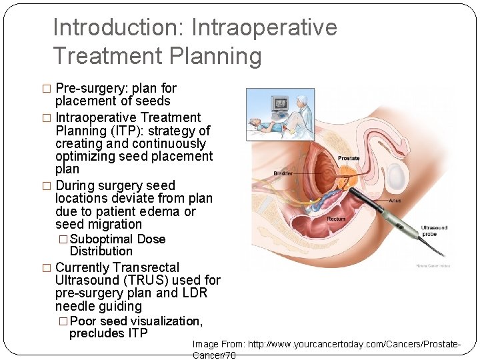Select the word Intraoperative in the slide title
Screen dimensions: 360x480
(x=264, y=28)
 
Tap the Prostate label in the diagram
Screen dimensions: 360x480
(x=349, y=158)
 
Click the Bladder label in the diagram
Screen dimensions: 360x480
(x=283, y=173)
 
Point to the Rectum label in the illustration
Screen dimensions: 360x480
(x=336, y=219)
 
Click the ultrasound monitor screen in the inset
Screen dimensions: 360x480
(x=281, y=104)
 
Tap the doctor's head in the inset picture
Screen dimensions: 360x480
(x=301, y=100)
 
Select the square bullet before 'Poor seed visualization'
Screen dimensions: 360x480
(x=63, y=321)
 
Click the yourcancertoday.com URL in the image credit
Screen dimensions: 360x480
(x=353, y=344)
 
